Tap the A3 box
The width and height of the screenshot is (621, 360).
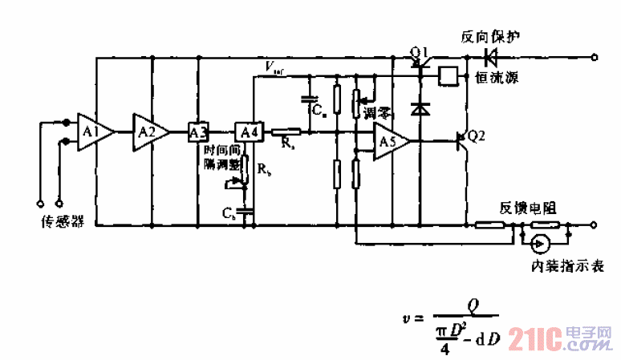click(197, 131)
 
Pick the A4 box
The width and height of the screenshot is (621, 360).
click(246, 131)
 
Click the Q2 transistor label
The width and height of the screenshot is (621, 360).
click(476, 136)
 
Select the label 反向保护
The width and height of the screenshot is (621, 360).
click(490, 37)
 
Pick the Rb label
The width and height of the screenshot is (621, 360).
click(264, 171)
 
